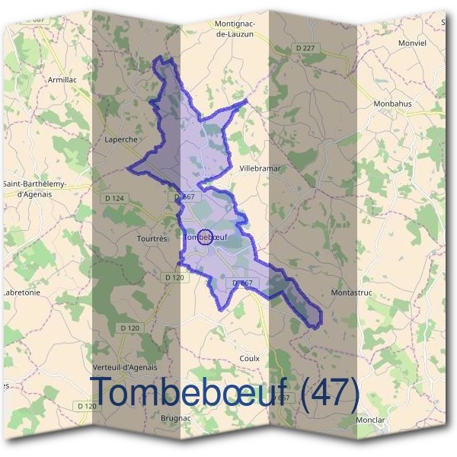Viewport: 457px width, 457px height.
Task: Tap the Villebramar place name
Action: [260, 168]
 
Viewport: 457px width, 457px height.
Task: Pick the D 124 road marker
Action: [113, 198]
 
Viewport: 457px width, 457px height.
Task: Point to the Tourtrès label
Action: [150, 238]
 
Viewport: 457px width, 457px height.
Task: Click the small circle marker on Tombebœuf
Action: [204, 237]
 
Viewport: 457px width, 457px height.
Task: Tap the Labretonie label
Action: [21, 292]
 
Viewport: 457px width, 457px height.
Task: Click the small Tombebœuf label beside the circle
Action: [216, 237]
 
